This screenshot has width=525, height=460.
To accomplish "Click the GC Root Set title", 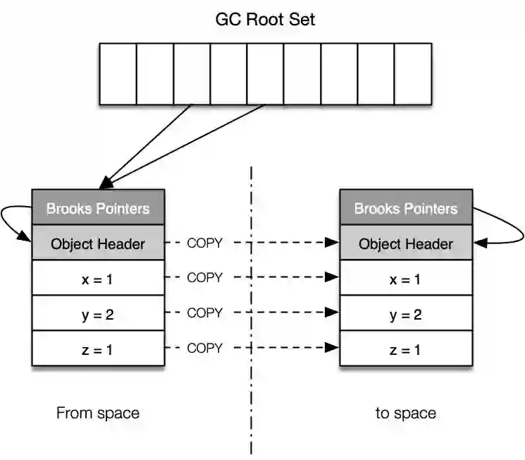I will coord(265,19).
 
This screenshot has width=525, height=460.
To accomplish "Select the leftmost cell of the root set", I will coord(118,73).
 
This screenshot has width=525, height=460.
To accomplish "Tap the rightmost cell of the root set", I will coord(412,73).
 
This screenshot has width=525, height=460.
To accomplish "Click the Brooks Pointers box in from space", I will coord(98,208).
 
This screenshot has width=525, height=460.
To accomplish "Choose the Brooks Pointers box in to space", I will coord(405,208).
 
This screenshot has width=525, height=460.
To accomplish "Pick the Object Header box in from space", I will coord(98,243).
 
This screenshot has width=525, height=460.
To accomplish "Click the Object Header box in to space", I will coord(405,243).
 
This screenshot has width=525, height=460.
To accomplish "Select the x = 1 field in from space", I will coord(98,279).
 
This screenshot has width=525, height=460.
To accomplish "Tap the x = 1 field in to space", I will coord(405,279).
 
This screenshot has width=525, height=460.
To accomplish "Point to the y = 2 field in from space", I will coord(98,314).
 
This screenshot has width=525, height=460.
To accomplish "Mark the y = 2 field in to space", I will coord(405,314).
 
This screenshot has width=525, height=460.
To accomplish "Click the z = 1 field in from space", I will coord(98,349).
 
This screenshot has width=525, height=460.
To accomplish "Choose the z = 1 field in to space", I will coord(405,349).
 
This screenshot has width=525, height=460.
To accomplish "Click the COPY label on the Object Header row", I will coord(204,243).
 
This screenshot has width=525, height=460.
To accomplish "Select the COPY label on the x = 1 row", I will coord(204,278).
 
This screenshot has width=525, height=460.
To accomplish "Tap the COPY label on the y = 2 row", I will coord(204,313).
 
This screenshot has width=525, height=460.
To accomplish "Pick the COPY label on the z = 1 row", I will coord(204,348).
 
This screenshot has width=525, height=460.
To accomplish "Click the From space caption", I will coord(98,413).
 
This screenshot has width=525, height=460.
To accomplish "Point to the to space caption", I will coord(405,413).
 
